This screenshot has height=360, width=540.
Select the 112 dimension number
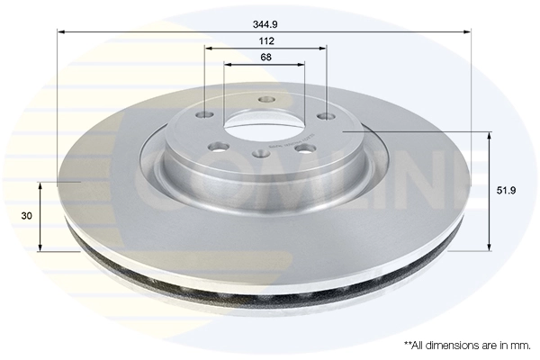265,41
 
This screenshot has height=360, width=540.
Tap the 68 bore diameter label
265,58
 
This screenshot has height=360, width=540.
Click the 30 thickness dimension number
27,216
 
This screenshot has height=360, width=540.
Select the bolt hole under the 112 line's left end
206,114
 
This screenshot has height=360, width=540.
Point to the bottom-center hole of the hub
260,154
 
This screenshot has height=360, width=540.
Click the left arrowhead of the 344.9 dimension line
61,32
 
